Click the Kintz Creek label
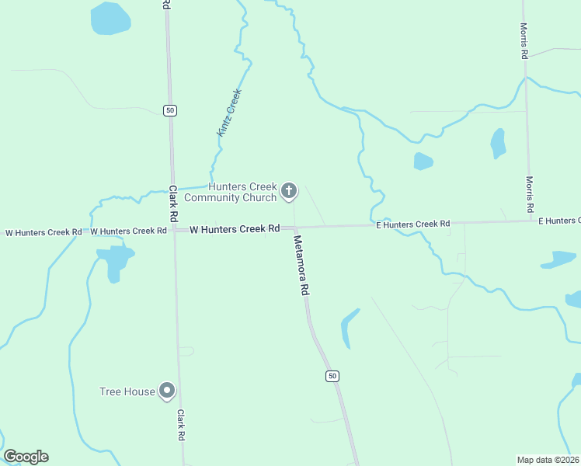[230, 113]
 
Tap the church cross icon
[289, 191]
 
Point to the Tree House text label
[127, 391]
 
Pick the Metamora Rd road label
[302, 265]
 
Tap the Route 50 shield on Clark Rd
[170, 110]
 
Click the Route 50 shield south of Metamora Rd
[332, 376]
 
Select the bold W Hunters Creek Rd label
[235, 229]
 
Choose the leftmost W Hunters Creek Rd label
[43, 232]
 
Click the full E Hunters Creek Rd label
[412, 224]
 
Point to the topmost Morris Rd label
[524, 40]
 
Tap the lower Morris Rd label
[529, 194]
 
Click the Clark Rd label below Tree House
[181, 426]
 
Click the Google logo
[26, 457]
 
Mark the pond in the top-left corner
[110, 19]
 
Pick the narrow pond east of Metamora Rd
[349, 327]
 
